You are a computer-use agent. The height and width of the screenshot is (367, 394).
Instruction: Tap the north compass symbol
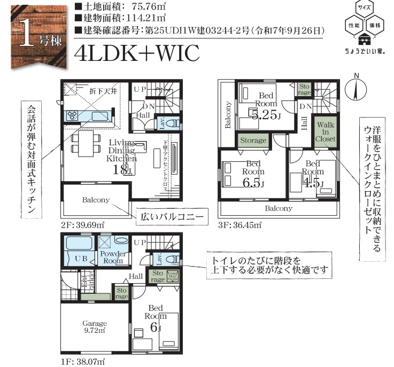(354, 89)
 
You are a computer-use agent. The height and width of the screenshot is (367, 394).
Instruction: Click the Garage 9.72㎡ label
(94, 326)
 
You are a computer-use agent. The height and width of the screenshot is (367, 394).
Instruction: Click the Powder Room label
(113, 257)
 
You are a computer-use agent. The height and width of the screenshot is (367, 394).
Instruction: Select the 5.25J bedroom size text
(262, 114)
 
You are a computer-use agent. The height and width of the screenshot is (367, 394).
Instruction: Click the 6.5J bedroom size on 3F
(253, 182)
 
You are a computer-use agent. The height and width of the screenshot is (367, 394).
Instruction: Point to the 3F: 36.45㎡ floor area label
(238, 225)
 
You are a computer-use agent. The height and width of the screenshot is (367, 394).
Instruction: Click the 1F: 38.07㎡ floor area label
(82, 361)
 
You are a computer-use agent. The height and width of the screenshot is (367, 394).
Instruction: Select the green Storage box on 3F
(253, 140)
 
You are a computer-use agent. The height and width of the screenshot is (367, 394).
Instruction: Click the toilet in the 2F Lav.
(171, 122)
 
